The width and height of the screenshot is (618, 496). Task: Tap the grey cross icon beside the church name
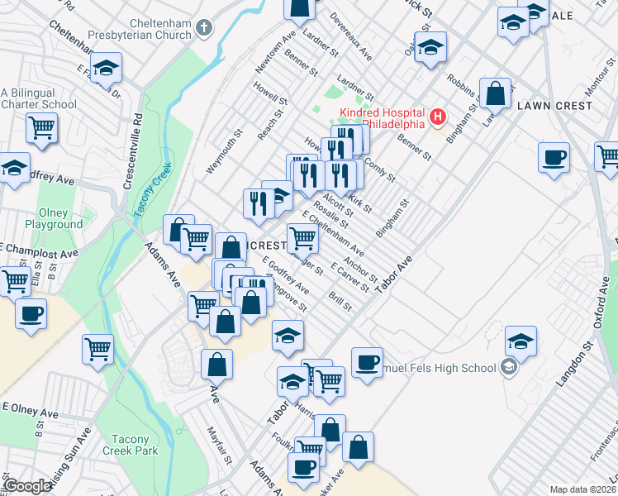(x=206, y=28)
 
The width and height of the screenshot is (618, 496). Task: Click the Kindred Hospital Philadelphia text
(x=379, y=118)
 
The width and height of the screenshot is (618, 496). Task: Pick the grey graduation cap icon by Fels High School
(x=509, y=368)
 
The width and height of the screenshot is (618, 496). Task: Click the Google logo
(x=27, y=486)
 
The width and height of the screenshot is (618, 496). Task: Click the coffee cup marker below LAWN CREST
(x=554, y=156)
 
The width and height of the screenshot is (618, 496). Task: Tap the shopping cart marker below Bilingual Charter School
(x=41, y=128)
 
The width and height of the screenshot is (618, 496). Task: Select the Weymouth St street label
(x=213, y=150)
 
